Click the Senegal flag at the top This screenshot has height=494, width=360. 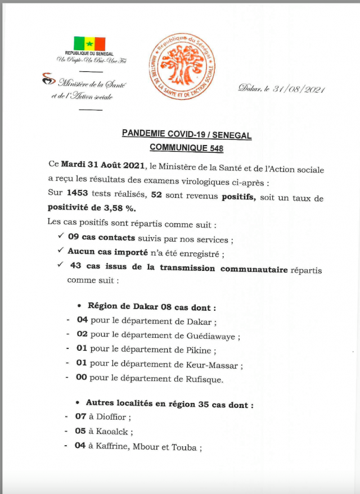coord(89,43)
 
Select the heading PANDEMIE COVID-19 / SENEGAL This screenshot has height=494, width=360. coord(187,135)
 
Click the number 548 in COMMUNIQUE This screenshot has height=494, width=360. coord(215,148)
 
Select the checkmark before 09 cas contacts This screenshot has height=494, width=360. coord(60,237)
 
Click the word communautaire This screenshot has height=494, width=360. coord(254,269)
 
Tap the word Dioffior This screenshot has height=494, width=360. coord(112,418)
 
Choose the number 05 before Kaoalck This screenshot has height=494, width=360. coord(80,433)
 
